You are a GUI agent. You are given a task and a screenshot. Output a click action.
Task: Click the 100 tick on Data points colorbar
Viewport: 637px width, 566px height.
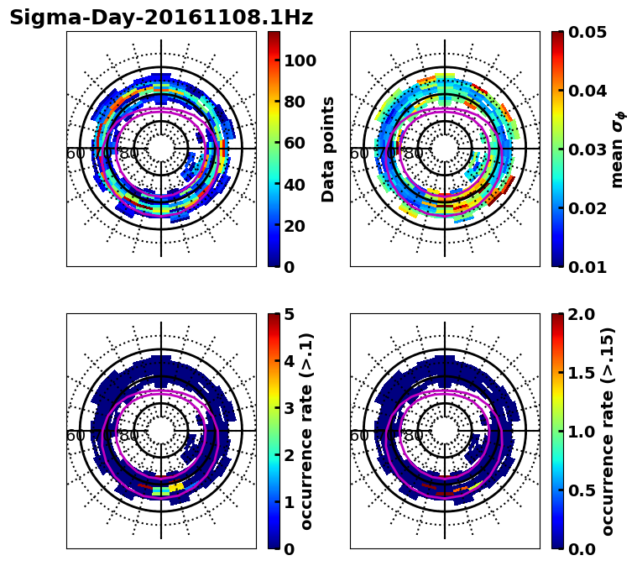click(x=300, y=60)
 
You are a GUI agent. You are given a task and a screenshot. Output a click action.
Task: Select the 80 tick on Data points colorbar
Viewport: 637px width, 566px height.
click(x=294, y=102)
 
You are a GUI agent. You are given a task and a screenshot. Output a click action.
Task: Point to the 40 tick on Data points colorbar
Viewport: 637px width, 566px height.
click(x=294, y=185)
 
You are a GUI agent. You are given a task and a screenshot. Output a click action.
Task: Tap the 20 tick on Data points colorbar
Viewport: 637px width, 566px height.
click(x=294, y=226)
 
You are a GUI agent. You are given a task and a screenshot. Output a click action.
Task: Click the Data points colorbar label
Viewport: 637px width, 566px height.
click(x=328, y=149)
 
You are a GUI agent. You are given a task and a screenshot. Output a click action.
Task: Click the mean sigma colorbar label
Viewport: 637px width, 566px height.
click(x=617, y=149)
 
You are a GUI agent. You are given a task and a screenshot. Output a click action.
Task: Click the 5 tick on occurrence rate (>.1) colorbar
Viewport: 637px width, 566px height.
click(x=289, y=314)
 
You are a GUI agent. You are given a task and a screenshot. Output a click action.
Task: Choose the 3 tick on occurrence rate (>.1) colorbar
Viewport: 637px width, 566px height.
click(x=289, y=408)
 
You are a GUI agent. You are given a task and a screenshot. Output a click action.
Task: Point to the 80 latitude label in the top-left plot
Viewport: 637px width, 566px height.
click(x=129, y=154)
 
